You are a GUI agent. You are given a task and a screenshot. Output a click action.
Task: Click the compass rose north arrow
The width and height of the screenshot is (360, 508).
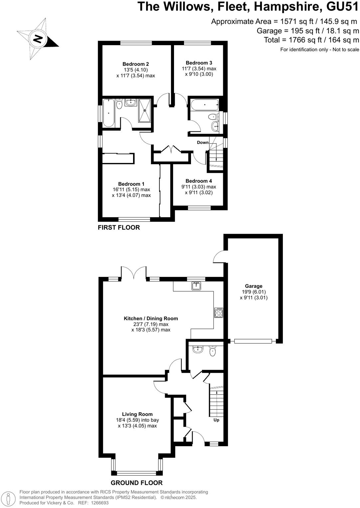tap(38, 39)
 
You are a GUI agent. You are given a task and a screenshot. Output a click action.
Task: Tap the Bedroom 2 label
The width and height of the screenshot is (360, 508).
tap(135, 64)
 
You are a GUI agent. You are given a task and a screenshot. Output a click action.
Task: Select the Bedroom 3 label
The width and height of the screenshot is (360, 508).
tap(199, 63)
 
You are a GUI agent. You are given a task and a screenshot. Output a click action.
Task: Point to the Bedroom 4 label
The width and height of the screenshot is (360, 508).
tap(199, 181)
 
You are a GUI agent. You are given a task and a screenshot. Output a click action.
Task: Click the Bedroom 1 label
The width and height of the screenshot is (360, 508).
tap(131, 184)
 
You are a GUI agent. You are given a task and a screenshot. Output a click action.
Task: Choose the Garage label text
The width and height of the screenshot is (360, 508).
tap(254, 286)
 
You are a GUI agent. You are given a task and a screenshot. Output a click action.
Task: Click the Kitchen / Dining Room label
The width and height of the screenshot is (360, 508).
tap(151, 318)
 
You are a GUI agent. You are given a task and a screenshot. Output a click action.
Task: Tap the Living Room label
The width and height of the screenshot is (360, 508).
tap(137, 414)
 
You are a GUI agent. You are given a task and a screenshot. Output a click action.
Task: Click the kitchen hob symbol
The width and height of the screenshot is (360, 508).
tap(219, 313)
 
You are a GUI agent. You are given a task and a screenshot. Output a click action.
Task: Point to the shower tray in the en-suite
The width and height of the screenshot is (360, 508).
tap(145, 110)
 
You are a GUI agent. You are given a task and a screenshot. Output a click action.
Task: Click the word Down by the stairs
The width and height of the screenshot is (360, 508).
tap(203, 142)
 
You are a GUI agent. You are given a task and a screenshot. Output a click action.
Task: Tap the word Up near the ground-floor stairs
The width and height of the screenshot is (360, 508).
tap(216, 420)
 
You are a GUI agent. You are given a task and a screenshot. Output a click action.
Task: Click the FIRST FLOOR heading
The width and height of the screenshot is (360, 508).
tap(119, 227)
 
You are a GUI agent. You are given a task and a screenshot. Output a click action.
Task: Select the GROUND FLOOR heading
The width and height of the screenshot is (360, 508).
tap(137, 483)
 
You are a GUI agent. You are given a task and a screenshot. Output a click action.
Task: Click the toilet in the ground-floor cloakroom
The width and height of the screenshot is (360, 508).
tap(212, 351)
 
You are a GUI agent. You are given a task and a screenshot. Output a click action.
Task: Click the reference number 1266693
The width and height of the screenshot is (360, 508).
tap(98, 503)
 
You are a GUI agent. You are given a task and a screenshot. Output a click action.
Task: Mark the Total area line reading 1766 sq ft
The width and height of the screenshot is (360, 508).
tap(311, 40)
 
